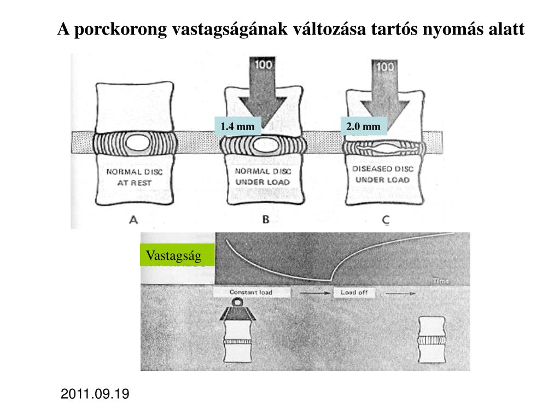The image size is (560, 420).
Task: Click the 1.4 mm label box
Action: [237, 127]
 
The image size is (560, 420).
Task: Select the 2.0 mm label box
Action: [363, 127]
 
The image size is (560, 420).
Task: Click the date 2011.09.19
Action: [95, 394]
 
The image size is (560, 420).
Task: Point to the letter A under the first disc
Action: [132, 220]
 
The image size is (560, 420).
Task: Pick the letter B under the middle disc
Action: [266, 220]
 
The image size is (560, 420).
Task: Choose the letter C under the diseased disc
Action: [386, 220]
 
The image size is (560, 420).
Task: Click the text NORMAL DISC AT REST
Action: [134, 177]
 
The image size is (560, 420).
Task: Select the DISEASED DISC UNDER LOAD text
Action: [383, 174]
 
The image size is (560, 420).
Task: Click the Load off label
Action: [354, 293]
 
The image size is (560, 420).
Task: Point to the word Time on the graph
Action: [441, 281]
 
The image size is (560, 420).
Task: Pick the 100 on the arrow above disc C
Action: [386, 67]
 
